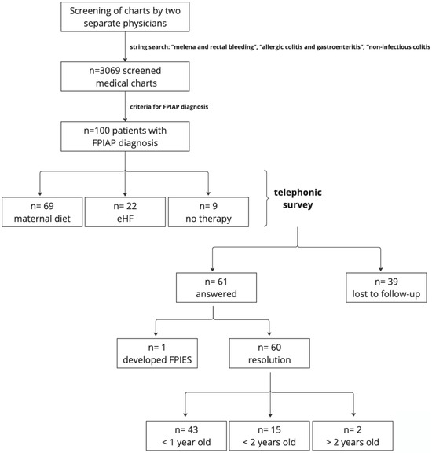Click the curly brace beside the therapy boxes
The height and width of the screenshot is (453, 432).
pos(269,198)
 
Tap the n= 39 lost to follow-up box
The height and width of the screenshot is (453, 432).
pos(383,285)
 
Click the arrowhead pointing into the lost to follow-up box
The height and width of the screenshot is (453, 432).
pos(383,267)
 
